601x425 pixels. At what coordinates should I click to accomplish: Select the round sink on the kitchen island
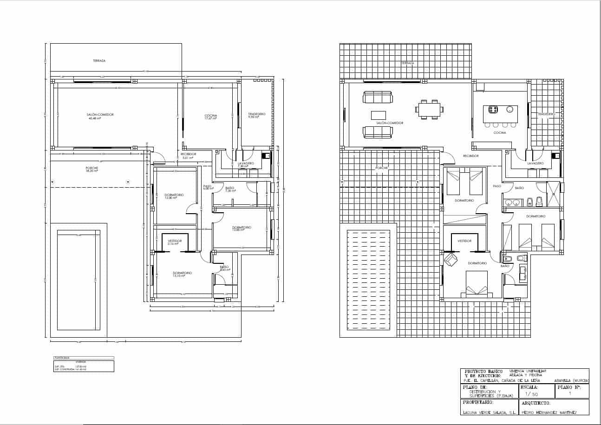pyautogui.click(x=510, y=110)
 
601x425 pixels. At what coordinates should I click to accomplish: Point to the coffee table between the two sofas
pyautogui.click(x=378, y=115)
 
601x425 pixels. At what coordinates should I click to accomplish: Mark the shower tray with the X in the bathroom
pyautogui.click(x=553, y=194)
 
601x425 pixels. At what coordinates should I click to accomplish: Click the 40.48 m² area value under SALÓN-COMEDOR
pyautogui.click(x=94, y=118)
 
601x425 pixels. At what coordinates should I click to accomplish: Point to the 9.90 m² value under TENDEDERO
pyautogui.click(x=254, y=117)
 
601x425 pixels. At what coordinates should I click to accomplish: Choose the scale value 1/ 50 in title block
pyautogui.click(x=531, y=394)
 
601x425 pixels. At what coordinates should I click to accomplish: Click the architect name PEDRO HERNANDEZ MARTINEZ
pyautogui.click(x=549, y=412)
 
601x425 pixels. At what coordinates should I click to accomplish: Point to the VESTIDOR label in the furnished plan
pyautogui.click(x=464, y=241)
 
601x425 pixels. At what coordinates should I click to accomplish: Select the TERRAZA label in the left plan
pyautogui.click(x=99, y=61)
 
